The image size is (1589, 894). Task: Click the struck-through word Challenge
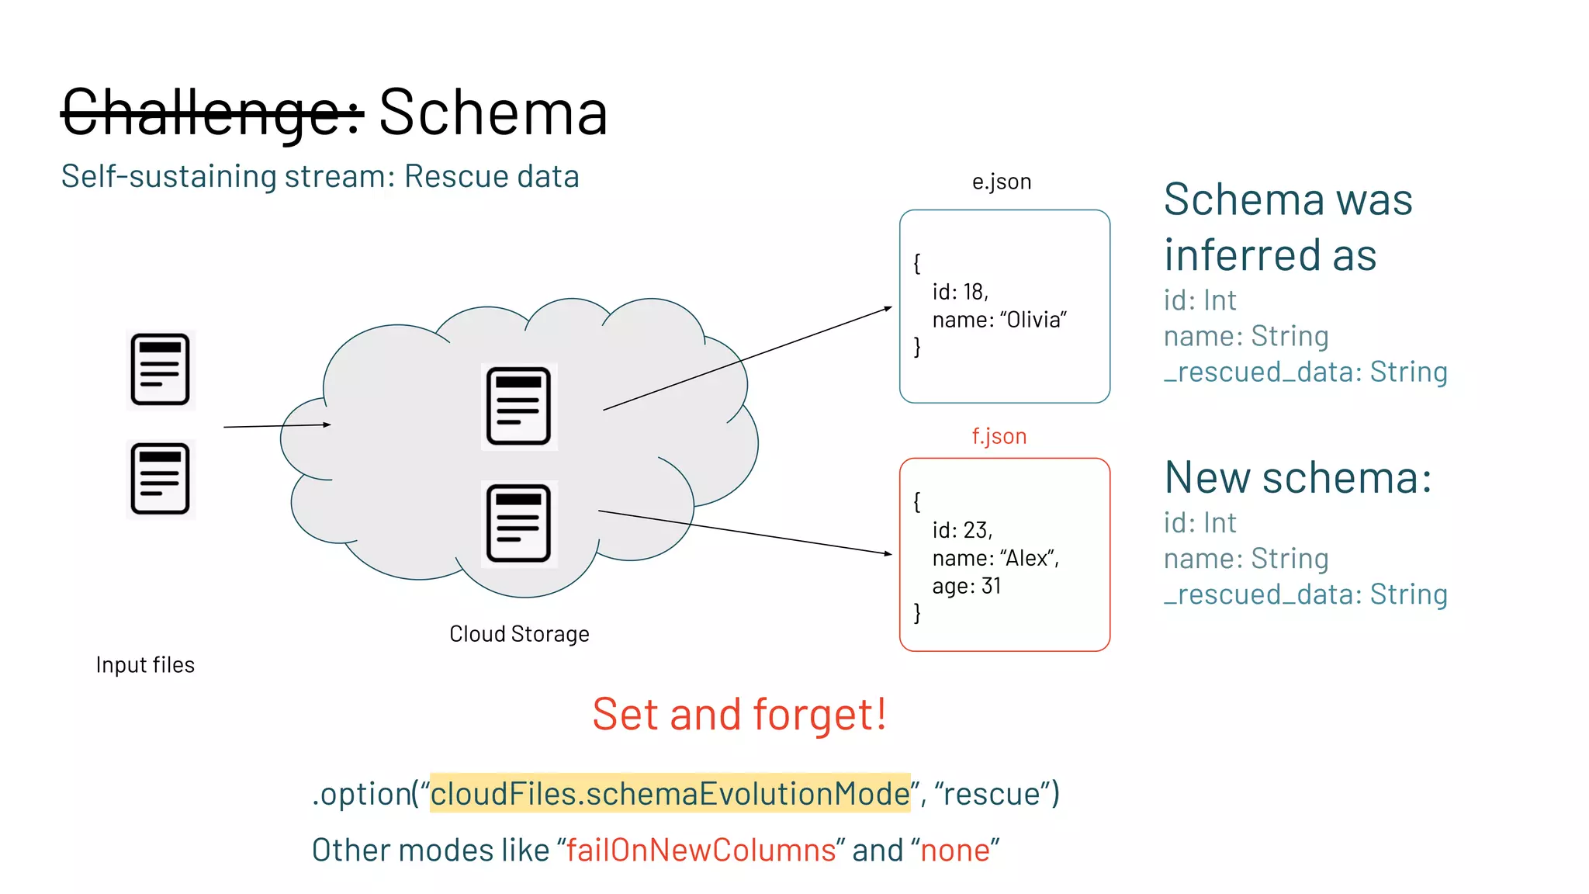click(212, 113)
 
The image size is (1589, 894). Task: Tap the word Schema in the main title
click(493, 113)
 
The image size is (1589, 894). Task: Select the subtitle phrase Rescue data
click(491, 177)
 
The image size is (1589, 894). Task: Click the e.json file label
click(1001, 182)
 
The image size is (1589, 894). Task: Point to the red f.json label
click(999, 436)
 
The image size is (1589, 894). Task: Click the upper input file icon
click(161, 369)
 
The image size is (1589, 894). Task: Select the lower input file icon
click(161, 479)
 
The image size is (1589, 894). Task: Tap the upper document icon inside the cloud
click(518, 406)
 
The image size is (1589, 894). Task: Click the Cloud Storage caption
click(519, 634)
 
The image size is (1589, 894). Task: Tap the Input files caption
click(145, 665)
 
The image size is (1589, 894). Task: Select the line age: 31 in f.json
click(967, 586)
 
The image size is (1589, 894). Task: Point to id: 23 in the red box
click(962, 530)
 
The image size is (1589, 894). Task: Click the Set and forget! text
click(739, 714)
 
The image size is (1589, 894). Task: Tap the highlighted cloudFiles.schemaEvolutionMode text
click(670, 794)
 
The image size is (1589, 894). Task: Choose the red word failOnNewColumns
click(701, 851)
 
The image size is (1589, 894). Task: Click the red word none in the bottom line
click(955, 851)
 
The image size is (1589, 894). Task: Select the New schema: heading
click(1297, 477)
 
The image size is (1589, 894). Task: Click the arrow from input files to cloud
click(277, 426)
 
